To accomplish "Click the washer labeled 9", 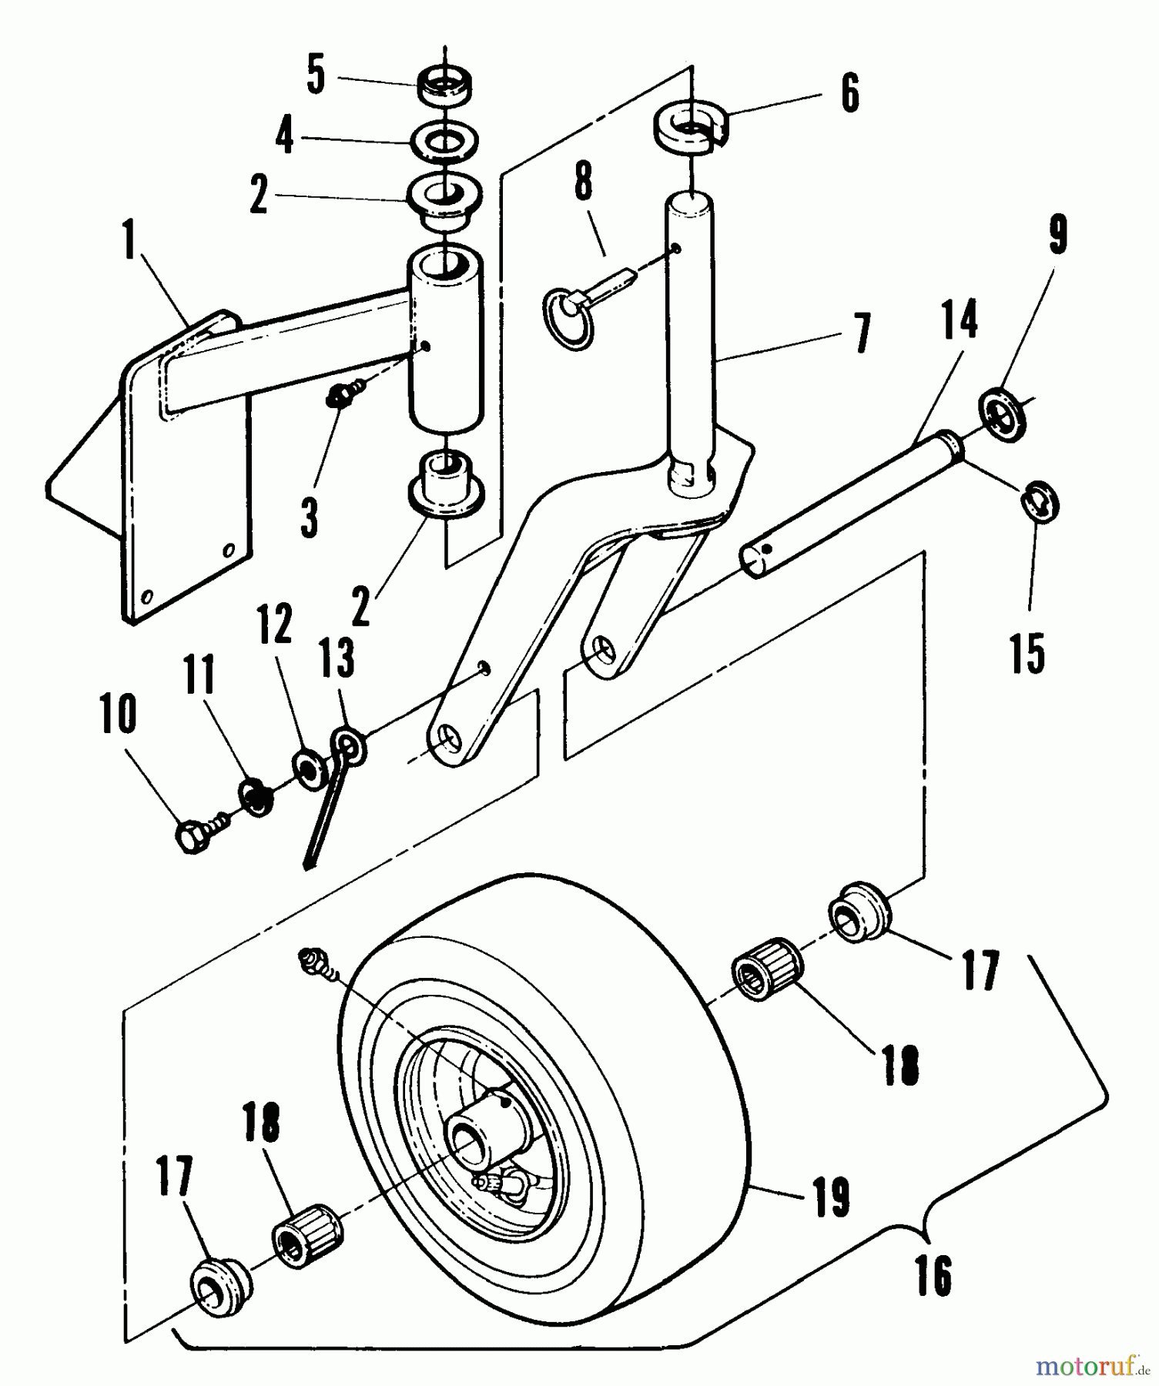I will pos(1004,416).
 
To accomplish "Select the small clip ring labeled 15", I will pos(1040,501).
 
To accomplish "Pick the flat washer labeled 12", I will pos(310,767).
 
